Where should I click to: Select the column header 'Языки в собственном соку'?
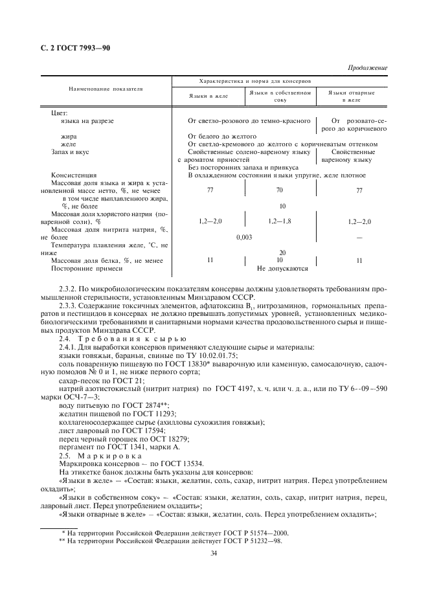[x=280, y=97]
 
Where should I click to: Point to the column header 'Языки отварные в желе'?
[x=352, y=97]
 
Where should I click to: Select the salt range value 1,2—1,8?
[x=280, y=221]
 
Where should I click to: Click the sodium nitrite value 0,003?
[x=244, y=237]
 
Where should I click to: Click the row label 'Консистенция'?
[x=74, y=175]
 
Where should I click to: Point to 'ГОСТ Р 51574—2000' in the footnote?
[x=257, y=532]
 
